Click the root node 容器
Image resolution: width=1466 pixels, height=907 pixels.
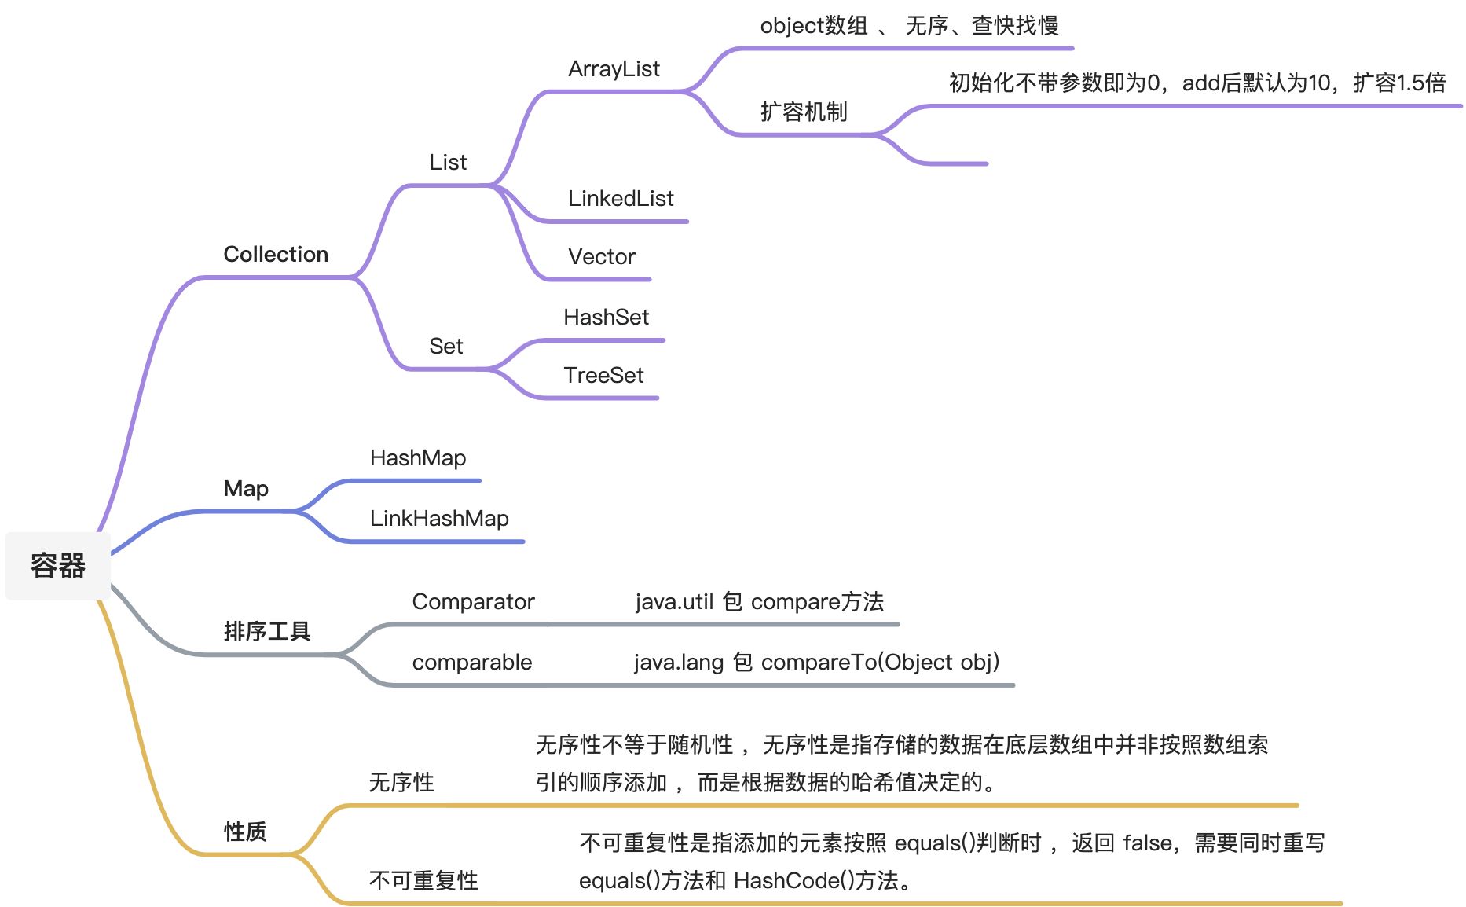point(57,566)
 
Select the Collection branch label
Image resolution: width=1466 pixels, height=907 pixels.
point(276,255)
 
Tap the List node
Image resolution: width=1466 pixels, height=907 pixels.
point(448,163)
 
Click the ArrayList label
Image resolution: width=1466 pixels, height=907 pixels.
point(614,69)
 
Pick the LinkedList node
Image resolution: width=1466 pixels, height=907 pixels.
point(621,199)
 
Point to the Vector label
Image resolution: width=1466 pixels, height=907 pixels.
point(601,257)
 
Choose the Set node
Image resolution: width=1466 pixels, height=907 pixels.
point(445,347)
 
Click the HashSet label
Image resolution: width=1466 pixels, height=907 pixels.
point(606,318)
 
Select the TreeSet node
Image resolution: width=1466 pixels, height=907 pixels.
point(603,376)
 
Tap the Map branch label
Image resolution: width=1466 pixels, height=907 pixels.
point(246,489)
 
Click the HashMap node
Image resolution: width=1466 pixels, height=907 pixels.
point(418,458)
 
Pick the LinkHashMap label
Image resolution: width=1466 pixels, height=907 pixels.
point(439,519)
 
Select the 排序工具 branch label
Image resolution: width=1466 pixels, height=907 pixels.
point(267,631)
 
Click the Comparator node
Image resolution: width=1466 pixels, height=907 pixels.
point(473,602)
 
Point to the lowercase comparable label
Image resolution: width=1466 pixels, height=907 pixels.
point(471,663)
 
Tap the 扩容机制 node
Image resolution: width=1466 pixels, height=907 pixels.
point(804,112)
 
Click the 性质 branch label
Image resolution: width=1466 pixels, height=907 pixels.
point(245,832)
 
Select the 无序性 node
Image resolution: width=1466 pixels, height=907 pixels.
point(401,783)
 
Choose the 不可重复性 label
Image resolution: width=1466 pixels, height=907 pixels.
point(423,881)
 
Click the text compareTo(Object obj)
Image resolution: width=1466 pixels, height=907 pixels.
point(880,663)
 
